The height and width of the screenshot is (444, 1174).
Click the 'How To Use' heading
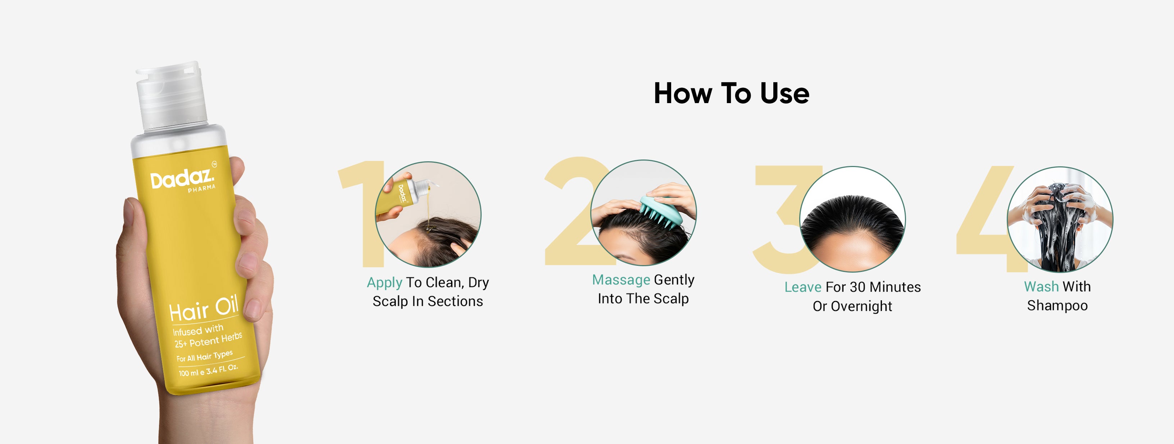(x=732, y=93)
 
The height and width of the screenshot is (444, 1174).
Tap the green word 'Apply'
(x=384, y=283)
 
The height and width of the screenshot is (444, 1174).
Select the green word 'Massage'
(x=621, y=279)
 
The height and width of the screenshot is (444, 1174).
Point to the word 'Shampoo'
(x=1057, y=306)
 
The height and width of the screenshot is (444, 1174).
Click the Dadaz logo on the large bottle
(x=181, y=179)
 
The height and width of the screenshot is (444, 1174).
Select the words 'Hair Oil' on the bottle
(x=204, y=308)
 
